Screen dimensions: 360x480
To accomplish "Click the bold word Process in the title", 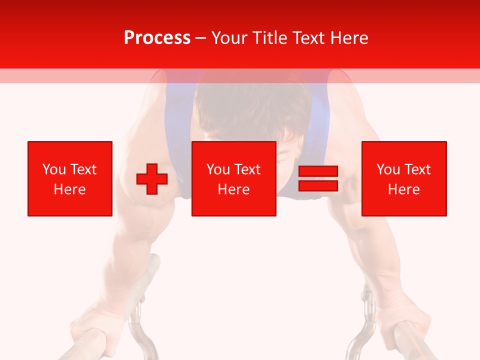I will click(157, 38).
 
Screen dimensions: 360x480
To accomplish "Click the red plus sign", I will click(152, 179).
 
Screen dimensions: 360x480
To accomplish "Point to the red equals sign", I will click(318, 178).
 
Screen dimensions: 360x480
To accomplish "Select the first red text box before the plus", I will click(70, 178).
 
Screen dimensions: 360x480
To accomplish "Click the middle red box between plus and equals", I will click(233, 178).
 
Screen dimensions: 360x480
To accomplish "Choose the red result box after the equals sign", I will click(404, 178).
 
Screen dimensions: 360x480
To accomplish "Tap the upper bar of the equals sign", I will click(318, 171).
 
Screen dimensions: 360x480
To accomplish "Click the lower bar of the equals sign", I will click(318, 185).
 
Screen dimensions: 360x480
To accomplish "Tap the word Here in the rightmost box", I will click(404, 189).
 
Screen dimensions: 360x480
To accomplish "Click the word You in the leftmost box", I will click(53, 169).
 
